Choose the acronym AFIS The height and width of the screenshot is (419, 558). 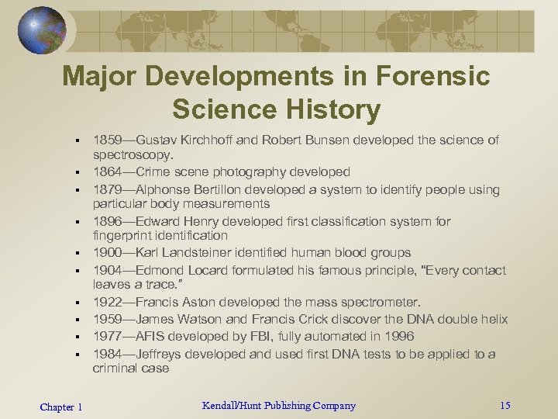coord(152,337)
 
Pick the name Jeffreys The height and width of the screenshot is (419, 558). coord(162,355)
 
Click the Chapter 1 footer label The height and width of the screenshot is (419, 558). coord(61,407)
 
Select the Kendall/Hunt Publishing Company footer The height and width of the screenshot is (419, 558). coord(278,405)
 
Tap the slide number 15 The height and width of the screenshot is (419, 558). coord(505,405)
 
